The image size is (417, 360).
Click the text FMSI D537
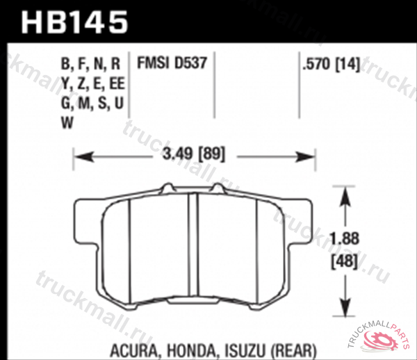coord(171,65)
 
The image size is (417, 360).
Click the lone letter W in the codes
coord(67,123)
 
